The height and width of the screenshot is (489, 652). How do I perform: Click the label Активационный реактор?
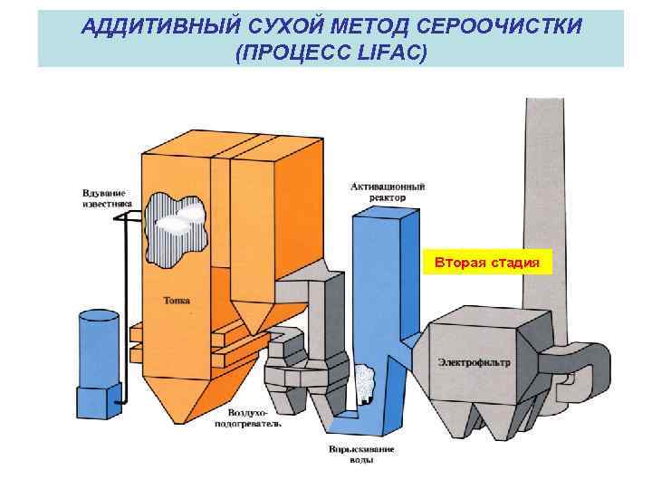click(388, 192)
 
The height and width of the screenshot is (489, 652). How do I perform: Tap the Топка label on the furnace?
click(177, 300)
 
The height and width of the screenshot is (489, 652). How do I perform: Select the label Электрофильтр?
click(474, 362)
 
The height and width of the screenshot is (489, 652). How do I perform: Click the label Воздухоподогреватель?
click(247, 417)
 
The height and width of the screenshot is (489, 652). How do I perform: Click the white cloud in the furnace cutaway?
click(186, 216)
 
